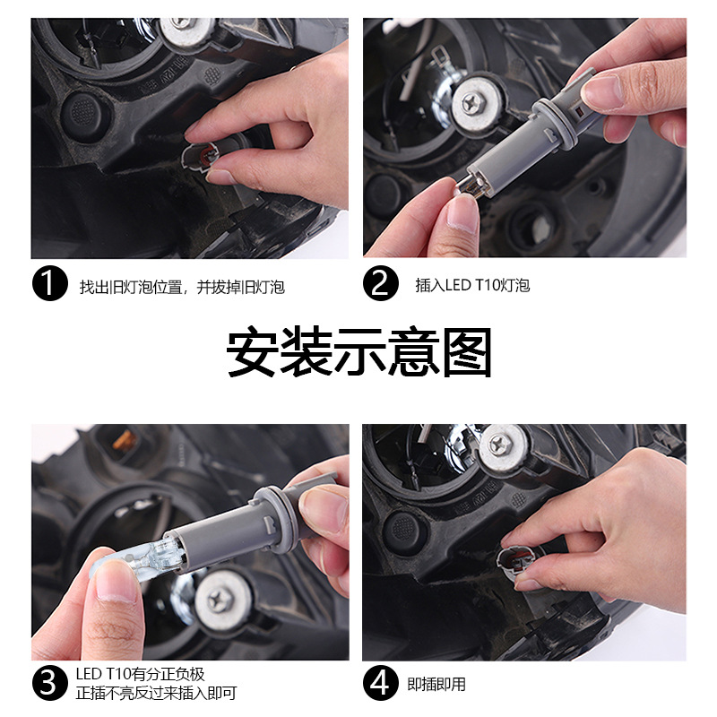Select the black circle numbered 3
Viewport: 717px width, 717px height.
49,683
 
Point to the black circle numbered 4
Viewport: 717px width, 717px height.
380,683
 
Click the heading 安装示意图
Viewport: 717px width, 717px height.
358,353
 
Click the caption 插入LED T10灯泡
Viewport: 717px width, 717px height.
472,285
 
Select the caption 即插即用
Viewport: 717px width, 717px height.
436,684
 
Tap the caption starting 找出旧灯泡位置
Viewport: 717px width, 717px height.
182,287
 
